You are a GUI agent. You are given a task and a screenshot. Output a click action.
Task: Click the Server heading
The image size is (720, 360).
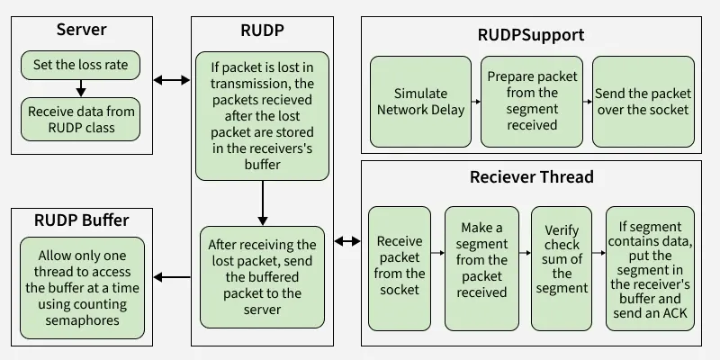81,30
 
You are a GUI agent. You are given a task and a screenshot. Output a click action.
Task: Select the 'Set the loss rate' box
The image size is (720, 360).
81,65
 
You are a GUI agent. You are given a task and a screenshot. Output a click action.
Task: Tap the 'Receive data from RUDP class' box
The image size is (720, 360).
81,120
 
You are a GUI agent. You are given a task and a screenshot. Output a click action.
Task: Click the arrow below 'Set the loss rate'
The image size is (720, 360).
81,88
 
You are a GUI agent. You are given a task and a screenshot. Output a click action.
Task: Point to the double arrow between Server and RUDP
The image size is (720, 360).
172,80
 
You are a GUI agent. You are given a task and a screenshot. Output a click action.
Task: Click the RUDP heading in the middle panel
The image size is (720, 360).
262,30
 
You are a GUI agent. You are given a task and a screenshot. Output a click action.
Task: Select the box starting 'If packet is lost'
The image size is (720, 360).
262,115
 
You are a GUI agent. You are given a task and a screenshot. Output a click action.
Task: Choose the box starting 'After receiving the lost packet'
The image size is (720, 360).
262,276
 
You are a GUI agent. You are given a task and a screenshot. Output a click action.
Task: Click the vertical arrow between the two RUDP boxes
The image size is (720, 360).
262,202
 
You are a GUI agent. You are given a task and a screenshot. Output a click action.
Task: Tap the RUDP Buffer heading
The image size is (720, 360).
81,220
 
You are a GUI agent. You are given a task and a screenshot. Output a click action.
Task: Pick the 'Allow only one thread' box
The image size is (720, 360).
81,288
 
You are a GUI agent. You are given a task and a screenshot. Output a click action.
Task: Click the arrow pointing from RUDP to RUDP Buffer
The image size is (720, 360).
172,277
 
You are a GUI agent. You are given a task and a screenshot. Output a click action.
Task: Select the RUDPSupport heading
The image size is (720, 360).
530,35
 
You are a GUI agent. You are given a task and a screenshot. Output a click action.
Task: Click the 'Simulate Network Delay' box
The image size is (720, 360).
420,102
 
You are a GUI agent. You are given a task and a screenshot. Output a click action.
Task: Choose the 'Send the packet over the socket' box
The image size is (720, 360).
643,102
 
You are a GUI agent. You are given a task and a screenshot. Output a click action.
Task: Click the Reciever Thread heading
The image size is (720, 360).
531,176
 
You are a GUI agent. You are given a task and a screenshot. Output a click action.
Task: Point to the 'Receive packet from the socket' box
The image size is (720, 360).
400,265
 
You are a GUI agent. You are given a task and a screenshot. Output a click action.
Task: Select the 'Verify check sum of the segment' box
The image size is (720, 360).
562,265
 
